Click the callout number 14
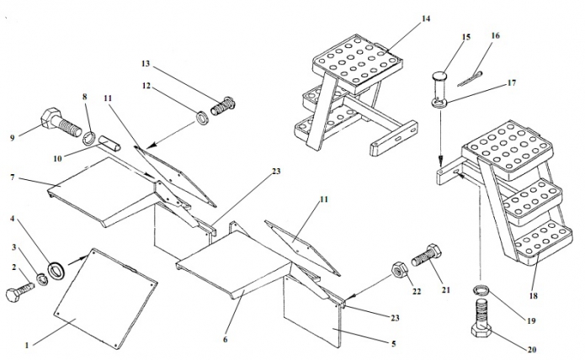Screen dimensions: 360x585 click(x=425, y=18)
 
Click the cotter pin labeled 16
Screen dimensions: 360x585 click(x=476, y=75)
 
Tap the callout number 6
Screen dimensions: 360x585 click(x=225, y=339)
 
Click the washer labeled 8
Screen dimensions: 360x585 click(x=87, y=135)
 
